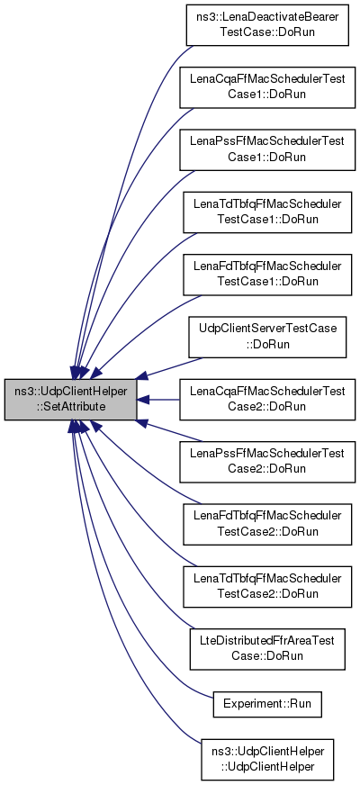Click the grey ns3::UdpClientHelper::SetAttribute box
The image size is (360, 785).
(70, 399)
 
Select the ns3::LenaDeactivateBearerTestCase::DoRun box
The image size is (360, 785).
(267, 25)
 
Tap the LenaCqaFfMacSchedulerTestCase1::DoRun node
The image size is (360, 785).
(267, 87)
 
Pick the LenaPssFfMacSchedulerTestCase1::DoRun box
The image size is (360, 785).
(267, 149)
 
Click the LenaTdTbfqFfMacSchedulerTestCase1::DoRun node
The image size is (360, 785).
(267, 212)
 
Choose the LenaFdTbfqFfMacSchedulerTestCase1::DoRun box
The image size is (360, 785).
(267, 275)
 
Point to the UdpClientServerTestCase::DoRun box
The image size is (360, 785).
(267, 337)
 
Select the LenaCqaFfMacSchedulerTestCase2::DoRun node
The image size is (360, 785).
(267, 399)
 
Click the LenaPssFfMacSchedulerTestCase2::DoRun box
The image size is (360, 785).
(267, 462)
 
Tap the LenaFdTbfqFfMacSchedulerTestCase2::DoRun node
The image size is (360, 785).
(267, 524)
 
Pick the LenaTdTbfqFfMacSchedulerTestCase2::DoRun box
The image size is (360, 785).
(267, 587)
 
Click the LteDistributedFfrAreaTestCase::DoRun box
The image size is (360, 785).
(267, 649)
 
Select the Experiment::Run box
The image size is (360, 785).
(267, 703)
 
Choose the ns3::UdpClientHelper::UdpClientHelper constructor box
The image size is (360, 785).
(267, 759)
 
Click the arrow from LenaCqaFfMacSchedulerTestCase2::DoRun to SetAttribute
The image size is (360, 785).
(158, 400)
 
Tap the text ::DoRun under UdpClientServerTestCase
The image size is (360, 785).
(267, 345)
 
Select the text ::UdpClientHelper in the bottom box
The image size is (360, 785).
(267, 766)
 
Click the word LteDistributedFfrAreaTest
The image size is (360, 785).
(267, 642)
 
